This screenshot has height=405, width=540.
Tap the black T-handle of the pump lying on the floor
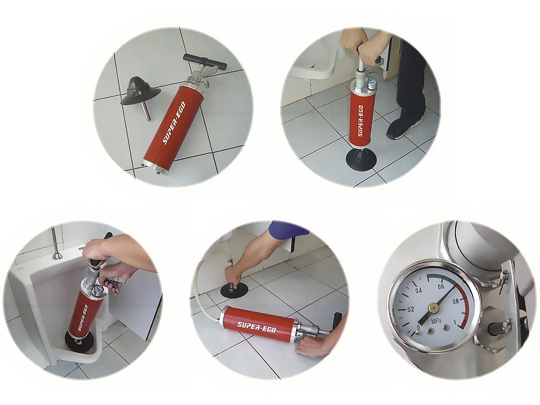coord(205,61)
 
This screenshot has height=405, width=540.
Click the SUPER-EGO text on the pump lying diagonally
coord(175,123)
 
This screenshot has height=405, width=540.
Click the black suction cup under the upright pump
coord(361,158)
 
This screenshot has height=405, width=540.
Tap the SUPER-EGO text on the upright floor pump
coord(360,121)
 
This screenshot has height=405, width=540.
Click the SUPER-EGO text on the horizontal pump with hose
coord(257,327)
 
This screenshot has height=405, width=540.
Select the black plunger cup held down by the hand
coord(234,290)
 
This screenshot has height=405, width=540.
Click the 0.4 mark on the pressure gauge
coord(418,291)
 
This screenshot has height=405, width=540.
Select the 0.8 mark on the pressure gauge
coord(456,301)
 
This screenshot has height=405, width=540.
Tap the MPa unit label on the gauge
coord(437,321)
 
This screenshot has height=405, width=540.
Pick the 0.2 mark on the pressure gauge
coord(410,309)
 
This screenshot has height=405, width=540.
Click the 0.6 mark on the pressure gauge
coord(440,286)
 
